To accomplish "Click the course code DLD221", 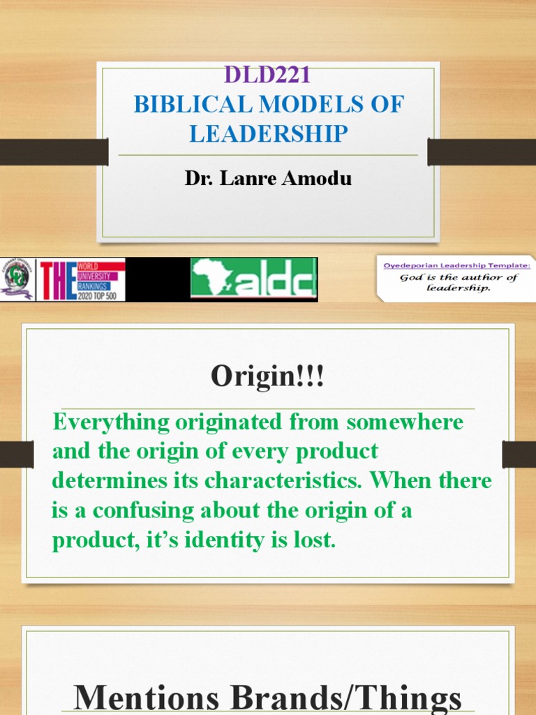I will coord(268,74).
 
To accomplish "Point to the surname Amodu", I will coord(320,178).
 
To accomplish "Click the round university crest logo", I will coord(18,279).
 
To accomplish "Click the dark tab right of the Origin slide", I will coord(519,454).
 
